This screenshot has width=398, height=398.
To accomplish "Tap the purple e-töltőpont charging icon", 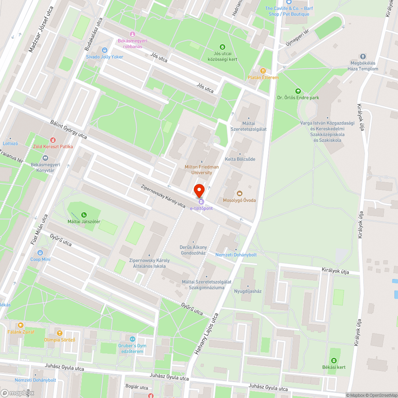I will [x=201, y=202].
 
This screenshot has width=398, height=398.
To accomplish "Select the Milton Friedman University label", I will [x=201, y=170].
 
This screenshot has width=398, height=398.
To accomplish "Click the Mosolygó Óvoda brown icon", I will [x=239, y=193].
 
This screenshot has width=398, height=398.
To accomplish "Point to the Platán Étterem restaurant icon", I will [x=263, y=71].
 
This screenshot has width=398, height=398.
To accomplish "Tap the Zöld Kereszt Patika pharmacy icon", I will [x=53, y=140].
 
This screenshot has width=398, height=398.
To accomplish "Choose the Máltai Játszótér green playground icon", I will [x=84, y=215].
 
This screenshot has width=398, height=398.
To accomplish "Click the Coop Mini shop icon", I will [x=40, y=253].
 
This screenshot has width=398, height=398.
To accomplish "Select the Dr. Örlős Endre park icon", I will [x=298, y=91].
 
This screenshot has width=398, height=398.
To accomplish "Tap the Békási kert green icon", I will [x=334, y=361].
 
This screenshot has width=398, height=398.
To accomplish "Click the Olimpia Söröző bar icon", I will [x=59, y=333].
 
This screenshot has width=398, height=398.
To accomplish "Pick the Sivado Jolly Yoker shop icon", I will [x=105, y=50].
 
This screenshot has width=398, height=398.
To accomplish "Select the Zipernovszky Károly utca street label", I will [x=163, y=196].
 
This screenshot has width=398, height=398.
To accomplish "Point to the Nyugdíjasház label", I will [x=248, y=291].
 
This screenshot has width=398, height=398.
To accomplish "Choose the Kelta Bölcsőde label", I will [x=240, y=159].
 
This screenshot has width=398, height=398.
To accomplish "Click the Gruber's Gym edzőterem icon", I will [x=132, y=339].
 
